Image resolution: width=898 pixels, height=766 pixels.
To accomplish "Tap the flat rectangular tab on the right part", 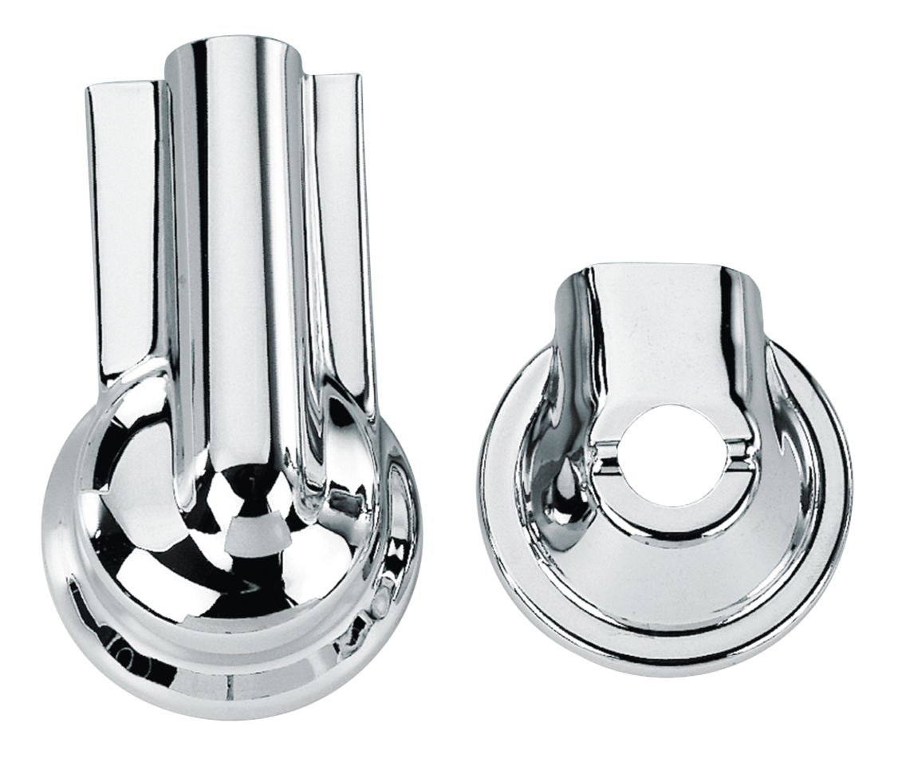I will coord(661,335).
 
